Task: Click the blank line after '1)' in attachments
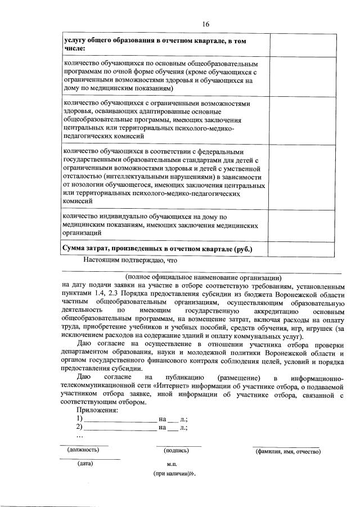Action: coord(120,420)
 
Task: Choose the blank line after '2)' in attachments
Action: coord(120,428)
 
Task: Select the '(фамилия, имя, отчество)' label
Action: coord(287,451)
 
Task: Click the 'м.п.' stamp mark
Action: coord(173,465)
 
